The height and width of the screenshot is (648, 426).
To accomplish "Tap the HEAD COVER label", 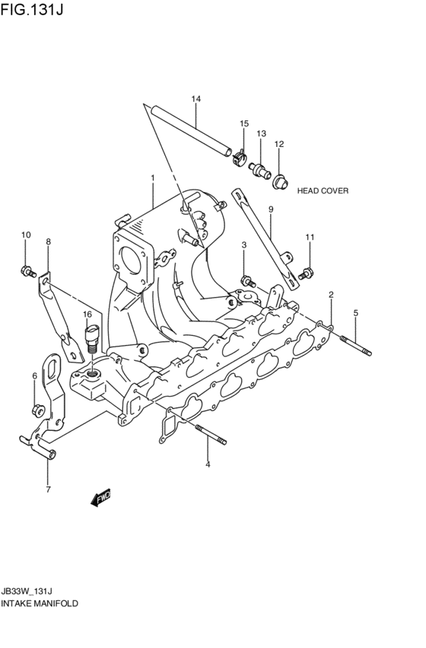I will pyautogui.click(x=323, y=191).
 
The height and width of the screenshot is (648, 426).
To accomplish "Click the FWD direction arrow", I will pyautogui.click(x=100, y=499).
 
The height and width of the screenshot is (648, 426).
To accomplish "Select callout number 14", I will pyautogui.click(x=196, y=99).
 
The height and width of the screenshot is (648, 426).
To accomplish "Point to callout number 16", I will pyautogui.click(x=87, y=314).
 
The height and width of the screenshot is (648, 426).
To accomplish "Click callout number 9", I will pyautogui.click(x=269, y=209).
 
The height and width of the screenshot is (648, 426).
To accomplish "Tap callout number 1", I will pyautogui.click(x=152, y=178).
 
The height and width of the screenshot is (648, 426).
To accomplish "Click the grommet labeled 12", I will pyautogui.click(x=281, y=180).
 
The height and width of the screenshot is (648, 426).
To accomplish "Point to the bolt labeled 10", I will pyautogui.click(x=28, y=270).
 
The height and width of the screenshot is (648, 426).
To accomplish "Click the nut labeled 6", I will pyautogui.click(x=37, y=411).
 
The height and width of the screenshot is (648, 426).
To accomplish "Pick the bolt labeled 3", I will pyautogui.click(x=246, y=279).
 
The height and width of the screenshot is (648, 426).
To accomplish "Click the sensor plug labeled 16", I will pyautogui.click(x=93, y=336).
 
